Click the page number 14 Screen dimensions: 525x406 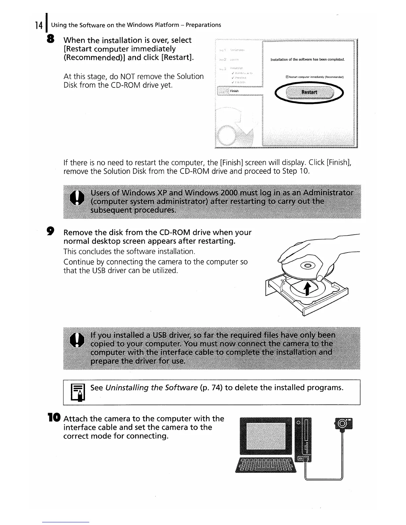(38, 25)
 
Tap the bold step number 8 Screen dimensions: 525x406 (51, 39)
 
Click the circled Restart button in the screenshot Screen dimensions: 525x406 (309, 92)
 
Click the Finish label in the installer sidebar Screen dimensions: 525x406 (234, 91)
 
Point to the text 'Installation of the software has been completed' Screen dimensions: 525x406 (307, 60)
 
